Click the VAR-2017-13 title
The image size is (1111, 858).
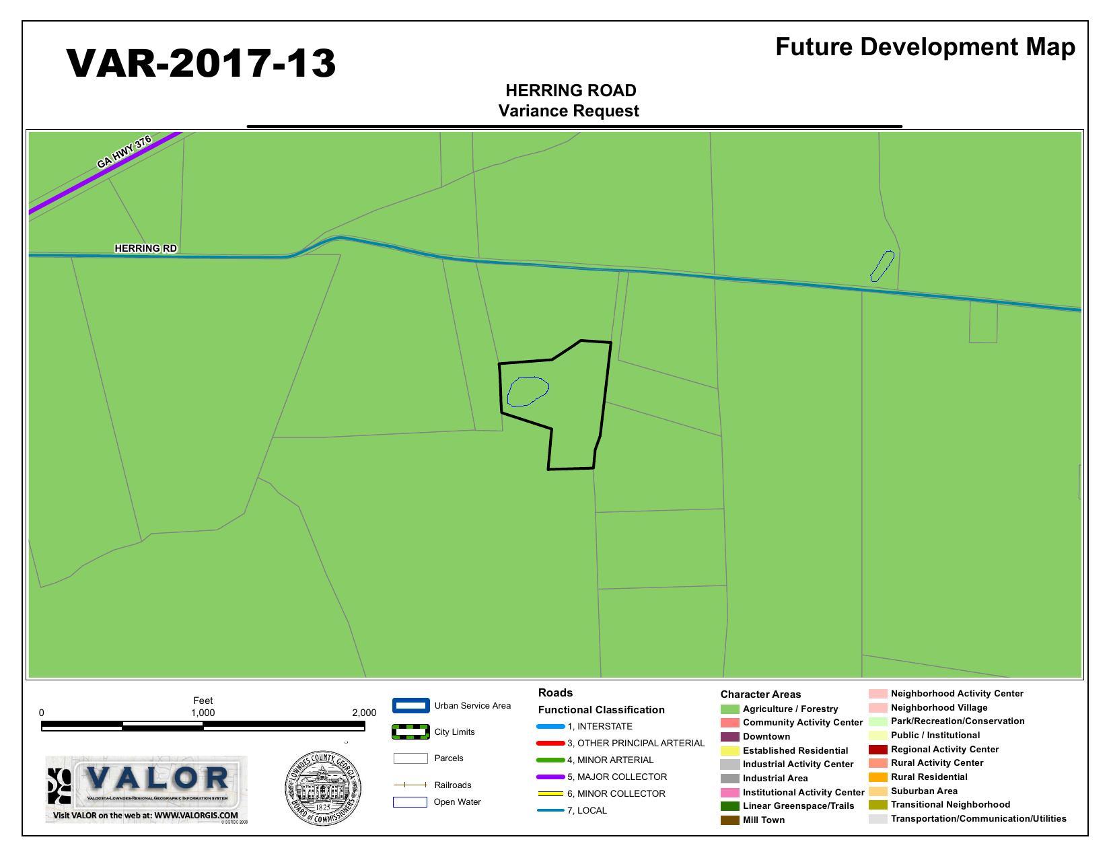(x=201, y=63)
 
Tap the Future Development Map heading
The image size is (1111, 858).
(x=925, y=46)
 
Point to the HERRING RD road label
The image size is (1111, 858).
(x=146, y=248)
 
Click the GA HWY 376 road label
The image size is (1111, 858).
(x=124, y=153)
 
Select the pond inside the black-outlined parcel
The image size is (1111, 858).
(x=528, y=391)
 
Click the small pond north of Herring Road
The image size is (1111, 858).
(x=882, y=266)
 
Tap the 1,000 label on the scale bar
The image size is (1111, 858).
(x=203, y=713)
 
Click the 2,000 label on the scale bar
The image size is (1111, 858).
(x=364, y=713)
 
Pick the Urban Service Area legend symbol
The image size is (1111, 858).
(x=410, y=706)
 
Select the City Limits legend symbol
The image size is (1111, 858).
(x=410, y=732)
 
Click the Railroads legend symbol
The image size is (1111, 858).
(x=410, y=785)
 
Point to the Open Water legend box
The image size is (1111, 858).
(x=410, y=802)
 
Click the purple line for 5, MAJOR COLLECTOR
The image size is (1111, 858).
(x=550, y=777)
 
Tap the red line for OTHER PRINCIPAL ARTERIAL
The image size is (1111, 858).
(x=550, y=743)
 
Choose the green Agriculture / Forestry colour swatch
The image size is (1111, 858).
(x=729, y=709)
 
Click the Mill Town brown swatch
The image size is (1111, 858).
(x=729, y=820)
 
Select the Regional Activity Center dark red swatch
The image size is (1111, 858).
(x=877, y=750)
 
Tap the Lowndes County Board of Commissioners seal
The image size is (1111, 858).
(x=323, y=788)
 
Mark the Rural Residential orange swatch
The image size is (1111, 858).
(x=877, y=777)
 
